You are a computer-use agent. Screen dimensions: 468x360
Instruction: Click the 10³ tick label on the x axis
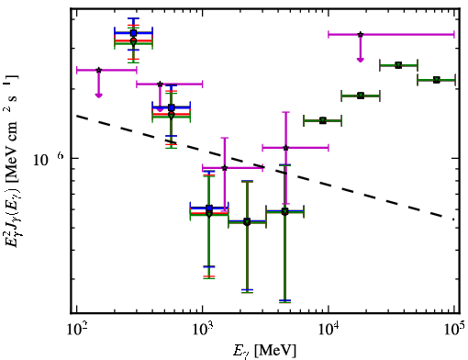[x=203, y=329]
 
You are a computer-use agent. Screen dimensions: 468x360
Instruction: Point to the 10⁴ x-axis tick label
[x=329, y=329]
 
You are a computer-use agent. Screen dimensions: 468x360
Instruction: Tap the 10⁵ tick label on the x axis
[x=453, y=329]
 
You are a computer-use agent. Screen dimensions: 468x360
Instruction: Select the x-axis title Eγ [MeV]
[x=264, y=351]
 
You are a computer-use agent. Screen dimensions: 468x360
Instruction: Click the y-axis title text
[x=12, y=160]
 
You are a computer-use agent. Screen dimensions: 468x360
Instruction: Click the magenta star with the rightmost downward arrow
[x=361, y=34]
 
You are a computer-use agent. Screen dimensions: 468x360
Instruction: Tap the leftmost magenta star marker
[x=98, y=70]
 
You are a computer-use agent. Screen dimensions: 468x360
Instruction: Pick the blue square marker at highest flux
[x=133, y=33]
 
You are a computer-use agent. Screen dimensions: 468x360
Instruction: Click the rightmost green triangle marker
[x=437, y=80]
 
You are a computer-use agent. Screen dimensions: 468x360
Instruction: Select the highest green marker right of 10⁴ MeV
[x=398, y=65]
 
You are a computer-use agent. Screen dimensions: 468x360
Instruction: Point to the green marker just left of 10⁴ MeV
[x=323, y=120]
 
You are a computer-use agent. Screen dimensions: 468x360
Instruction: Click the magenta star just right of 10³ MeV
[x=225, y=168]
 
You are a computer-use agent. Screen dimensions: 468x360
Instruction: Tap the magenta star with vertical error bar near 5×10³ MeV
[x=285, y=148]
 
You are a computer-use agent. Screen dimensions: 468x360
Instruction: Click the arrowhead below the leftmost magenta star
[x=98, y=96]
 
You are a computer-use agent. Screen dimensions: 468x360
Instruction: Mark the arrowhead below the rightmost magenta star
[x=361, y=60]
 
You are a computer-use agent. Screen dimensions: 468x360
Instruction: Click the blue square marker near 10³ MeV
[x=209, y=208]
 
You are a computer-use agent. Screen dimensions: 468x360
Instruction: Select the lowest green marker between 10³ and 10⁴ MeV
[x=247, y=222]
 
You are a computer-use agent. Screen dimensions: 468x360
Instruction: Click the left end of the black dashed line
[x=77, y=116]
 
